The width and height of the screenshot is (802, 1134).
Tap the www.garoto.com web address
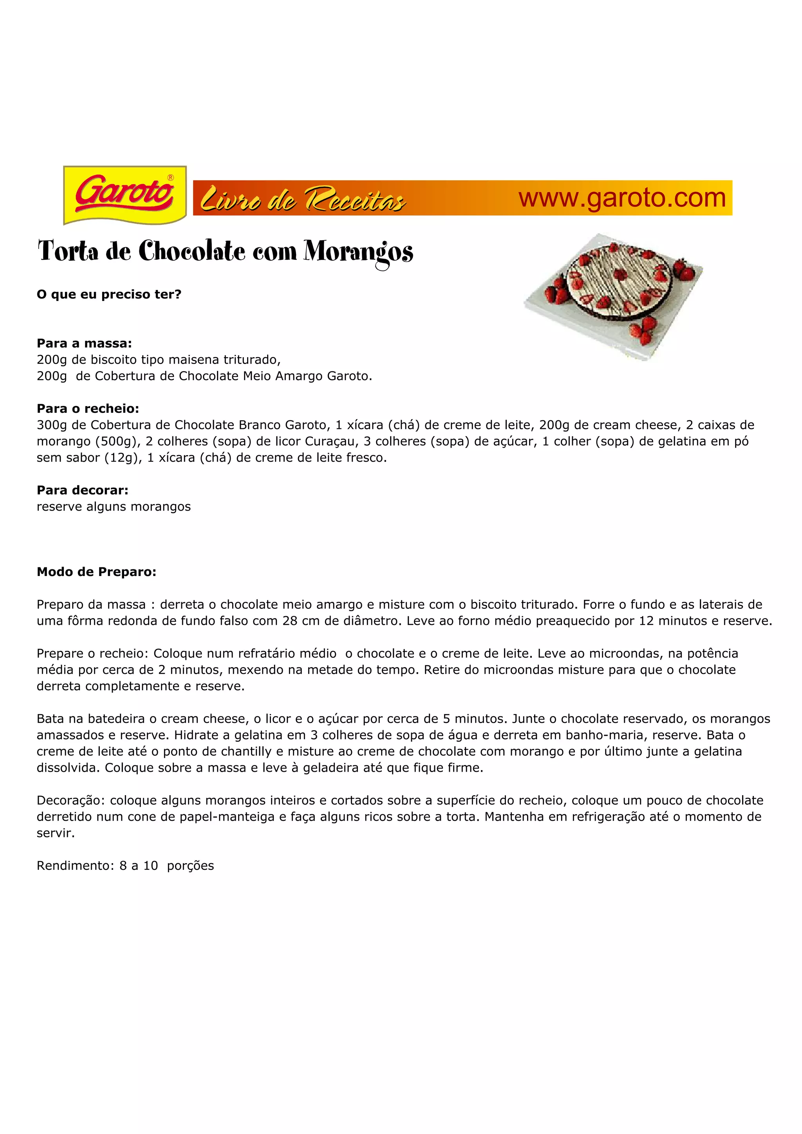click(621, 198)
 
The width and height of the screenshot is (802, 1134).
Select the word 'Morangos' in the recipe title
click(358, 252)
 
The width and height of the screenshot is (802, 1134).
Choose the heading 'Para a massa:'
click(85, 343)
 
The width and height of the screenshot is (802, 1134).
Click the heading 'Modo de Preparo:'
click(96, 572)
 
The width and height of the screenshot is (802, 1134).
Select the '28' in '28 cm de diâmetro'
click(289, 621)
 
